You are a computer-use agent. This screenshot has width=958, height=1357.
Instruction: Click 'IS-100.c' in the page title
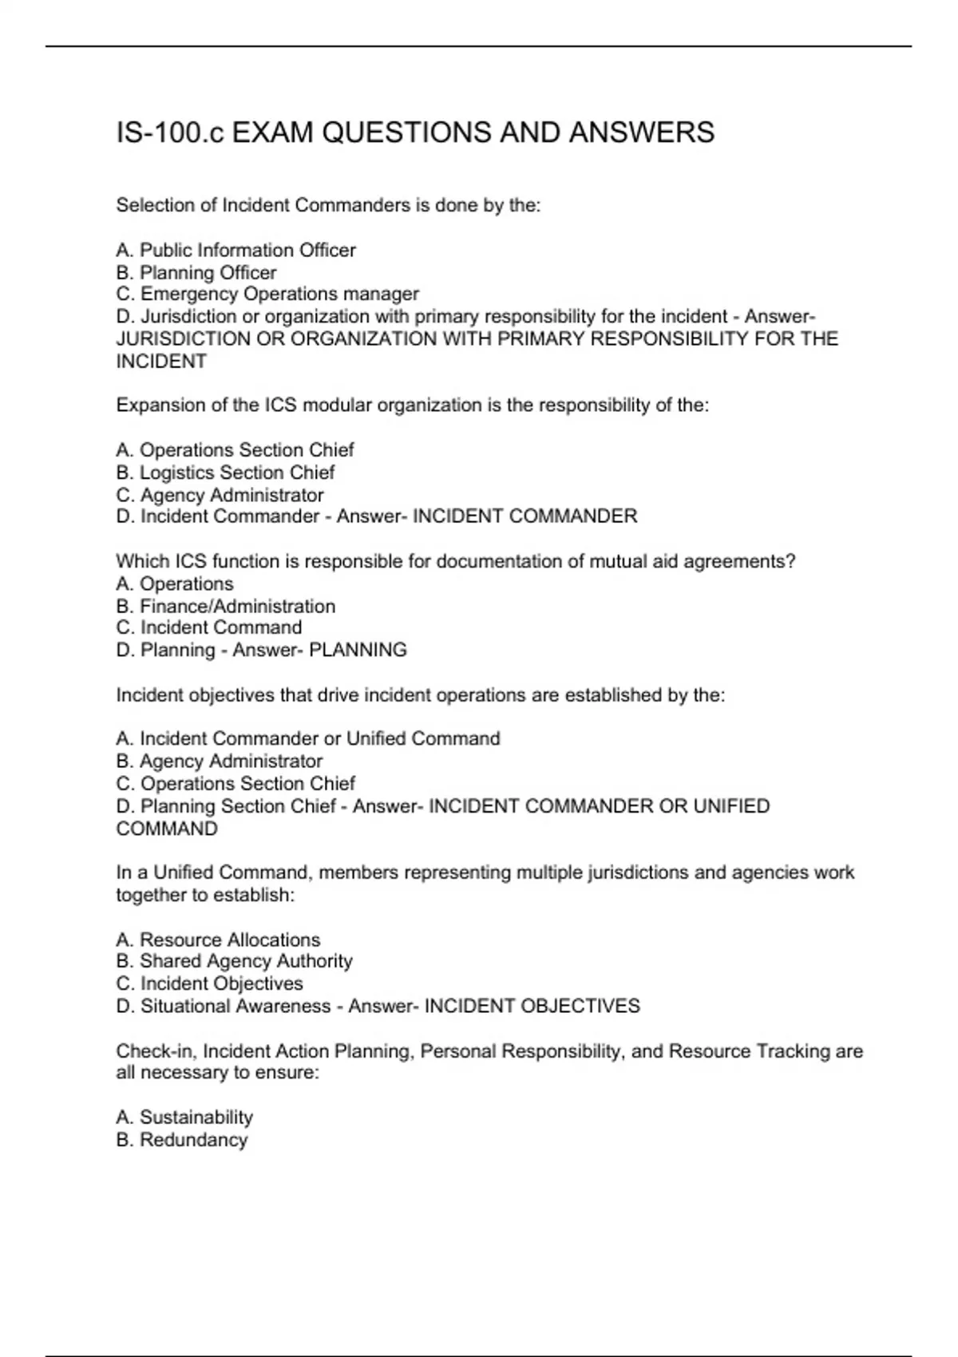point(170,133)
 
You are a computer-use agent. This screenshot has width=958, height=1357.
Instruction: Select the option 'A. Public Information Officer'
point(236,250)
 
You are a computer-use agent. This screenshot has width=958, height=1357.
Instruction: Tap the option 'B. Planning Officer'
point(196,272)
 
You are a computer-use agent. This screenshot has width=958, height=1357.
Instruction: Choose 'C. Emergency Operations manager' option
point(267,294)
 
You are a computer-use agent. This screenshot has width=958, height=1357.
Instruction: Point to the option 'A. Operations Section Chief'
point(235,449)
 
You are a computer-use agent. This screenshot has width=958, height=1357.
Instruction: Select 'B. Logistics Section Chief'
point(225,472)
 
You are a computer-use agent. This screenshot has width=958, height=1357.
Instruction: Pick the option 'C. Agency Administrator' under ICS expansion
point(220,494)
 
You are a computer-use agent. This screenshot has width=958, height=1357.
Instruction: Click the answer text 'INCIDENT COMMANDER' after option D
point(525,516)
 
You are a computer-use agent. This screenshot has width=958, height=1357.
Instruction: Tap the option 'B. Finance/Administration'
point(226,606)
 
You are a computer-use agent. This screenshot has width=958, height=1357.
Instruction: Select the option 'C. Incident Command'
point(209,627)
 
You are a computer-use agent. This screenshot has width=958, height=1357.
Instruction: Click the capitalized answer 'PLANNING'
point(358,650)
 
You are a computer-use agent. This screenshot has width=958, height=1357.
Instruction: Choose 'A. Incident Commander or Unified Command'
point(308,738)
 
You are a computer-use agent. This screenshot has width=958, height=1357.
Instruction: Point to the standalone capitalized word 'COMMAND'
point(167,829)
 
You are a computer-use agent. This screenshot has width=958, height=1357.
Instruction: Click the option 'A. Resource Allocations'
point(218,940)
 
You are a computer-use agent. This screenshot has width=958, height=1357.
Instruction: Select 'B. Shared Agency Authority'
point(234,961)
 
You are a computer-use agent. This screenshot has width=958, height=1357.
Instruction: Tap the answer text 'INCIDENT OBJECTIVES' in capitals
point(532,1006)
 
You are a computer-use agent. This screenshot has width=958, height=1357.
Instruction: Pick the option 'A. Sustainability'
point(184,1117)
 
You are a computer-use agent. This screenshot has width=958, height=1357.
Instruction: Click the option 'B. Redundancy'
point(182,1139)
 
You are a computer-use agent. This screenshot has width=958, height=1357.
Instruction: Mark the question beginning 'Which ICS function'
point(455,561)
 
